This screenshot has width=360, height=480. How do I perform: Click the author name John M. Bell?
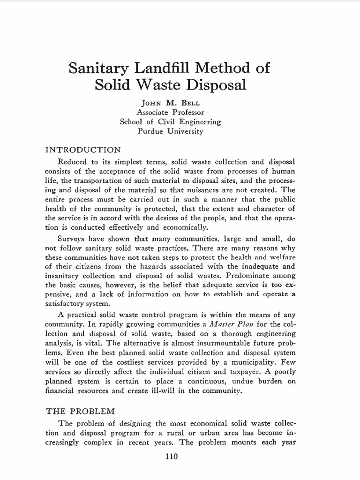click(170, 103)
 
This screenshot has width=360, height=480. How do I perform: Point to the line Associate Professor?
click(170, 112)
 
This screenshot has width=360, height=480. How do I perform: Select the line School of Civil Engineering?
click(170, 122)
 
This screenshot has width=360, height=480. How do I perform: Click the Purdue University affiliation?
click(170, 131)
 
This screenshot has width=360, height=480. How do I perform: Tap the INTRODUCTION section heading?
click(83, 150)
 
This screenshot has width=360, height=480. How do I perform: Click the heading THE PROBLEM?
click(80, 412)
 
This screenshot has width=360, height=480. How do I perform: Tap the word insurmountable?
click(197, 343)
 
